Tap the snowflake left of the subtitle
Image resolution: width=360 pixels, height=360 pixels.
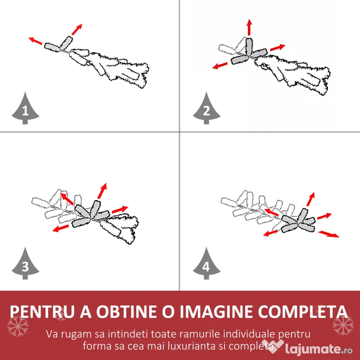(18, 326)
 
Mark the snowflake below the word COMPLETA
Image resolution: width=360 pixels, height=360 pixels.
(343, 325)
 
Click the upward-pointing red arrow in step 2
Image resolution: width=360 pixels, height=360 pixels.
(249, 28)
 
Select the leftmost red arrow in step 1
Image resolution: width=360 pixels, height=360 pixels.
(35, 41)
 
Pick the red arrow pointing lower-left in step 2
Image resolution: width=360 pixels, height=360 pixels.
(220, 66)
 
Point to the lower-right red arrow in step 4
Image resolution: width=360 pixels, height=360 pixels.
(329, 234)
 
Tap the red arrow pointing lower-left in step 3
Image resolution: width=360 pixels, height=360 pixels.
(60, 228)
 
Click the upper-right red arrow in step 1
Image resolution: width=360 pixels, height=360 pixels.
(77, 30)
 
